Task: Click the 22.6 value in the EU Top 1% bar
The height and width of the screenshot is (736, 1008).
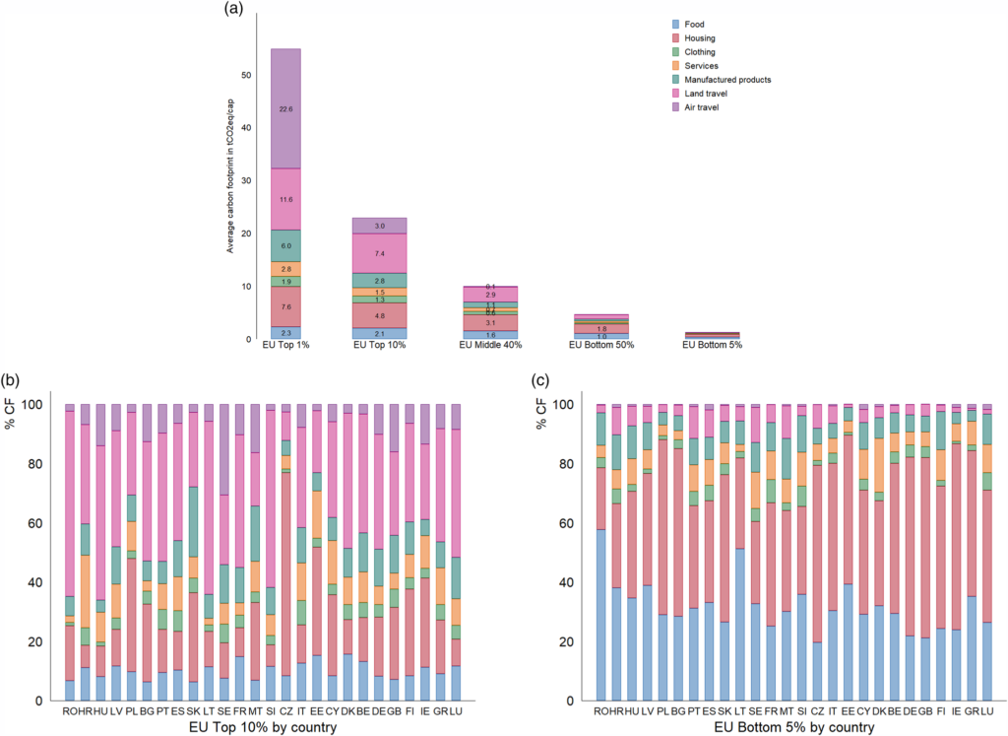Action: (x=286, y=108)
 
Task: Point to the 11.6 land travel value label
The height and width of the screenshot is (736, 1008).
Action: (x=286, y=199)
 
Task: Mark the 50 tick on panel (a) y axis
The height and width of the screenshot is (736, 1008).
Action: (x=246, y=75)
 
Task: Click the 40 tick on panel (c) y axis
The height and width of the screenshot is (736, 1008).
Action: (x=569, y=582)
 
